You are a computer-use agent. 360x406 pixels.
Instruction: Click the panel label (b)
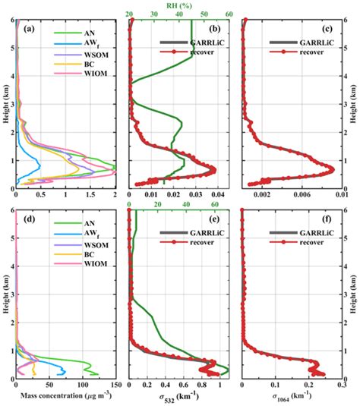[x=139, y=30]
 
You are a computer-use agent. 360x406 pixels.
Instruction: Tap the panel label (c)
[x=251, y=30]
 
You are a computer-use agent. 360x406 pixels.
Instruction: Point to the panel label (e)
[x=139, y=223]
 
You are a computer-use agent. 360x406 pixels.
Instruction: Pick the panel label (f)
[x=251, y=223]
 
